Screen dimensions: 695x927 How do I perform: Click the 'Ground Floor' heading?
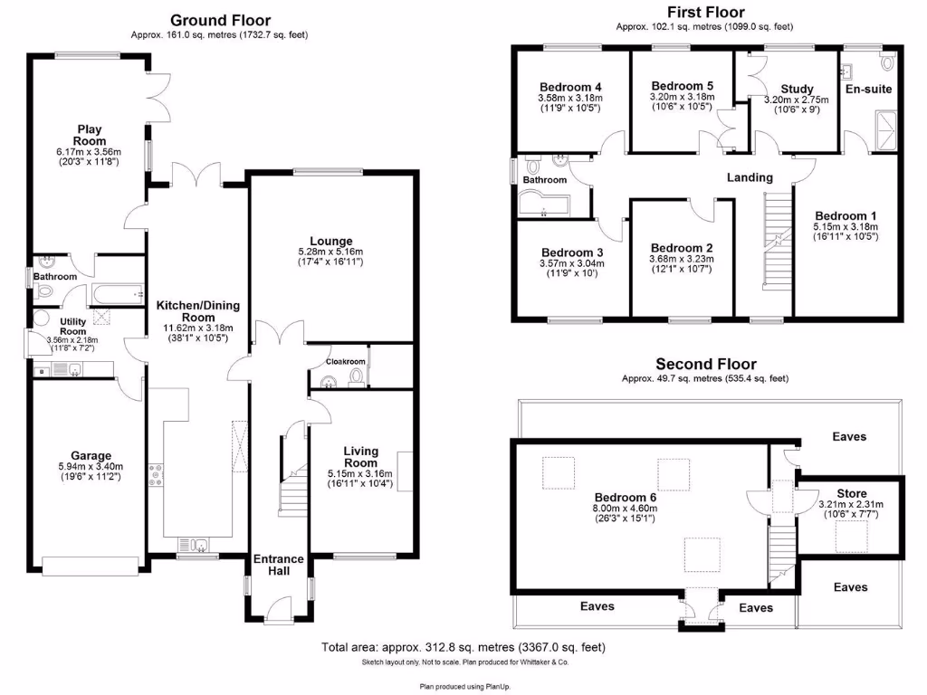coord(220,20)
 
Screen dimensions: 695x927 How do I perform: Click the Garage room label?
coord(91,455)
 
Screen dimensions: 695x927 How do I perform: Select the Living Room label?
coord(360,457)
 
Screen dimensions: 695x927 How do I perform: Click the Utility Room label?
coord(72,326)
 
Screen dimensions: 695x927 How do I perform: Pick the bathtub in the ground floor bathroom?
coord(119,294)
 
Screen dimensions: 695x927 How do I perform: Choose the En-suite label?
coord(869,89)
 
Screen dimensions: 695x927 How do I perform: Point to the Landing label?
coord(750,177)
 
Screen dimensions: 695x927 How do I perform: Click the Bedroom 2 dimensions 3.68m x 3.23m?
coord(682,258)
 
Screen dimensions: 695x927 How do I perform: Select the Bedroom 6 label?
coord(625,497)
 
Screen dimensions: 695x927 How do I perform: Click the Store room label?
coord(851,493)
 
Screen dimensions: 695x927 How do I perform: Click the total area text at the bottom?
coord(463,647)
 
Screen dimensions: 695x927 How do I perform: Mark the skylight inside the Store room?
coord(850,540)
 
